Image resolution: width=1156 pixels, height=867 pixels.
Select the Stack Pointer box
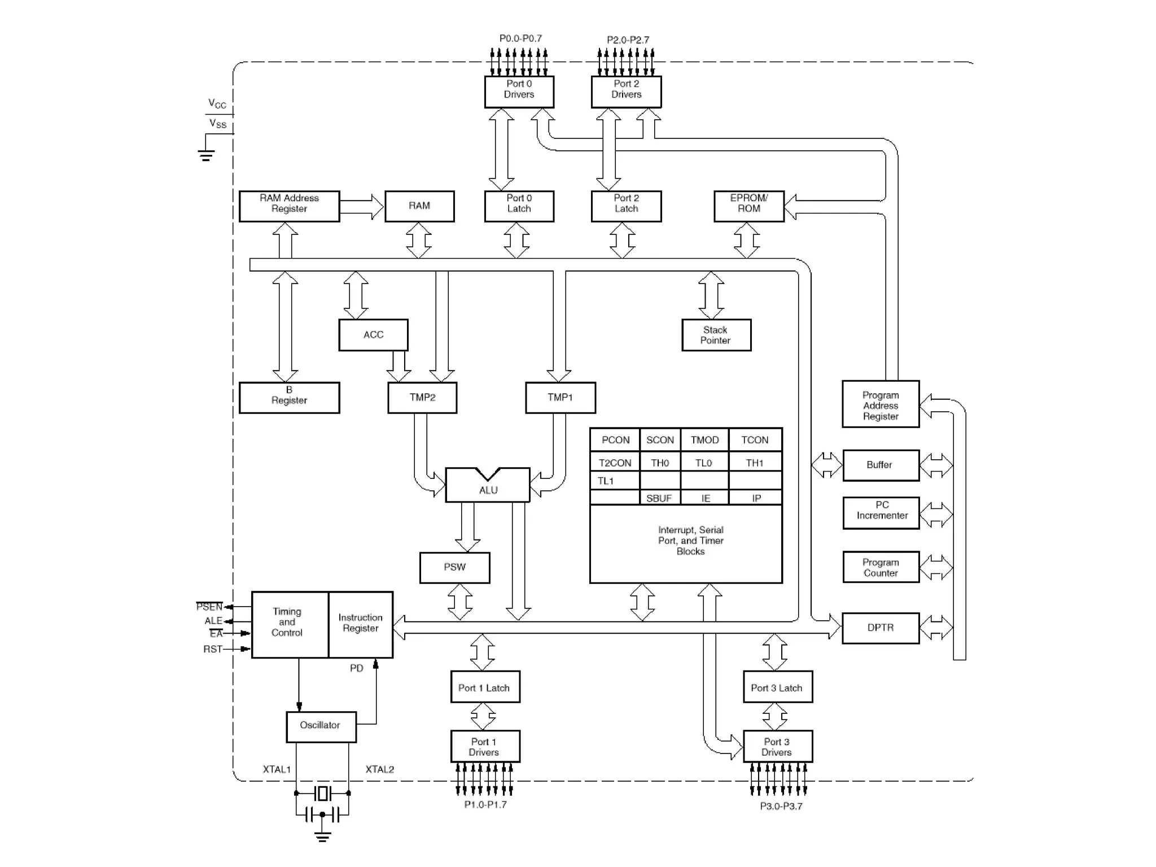pyautogui.click(x=716, y=335)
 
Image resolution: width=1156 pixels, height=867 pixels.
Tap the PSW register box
pyautogui.click(x=454, y=567)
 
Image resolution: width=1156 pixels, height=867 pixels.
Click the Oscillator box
pyautogui.click(x=321, y=726)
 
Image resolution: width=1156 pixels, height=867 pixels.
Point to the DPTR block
pyautogui.click(x=880, y=628)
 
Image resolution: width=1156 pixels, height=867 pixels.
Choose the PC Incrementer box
pyautogui.click(x=881, y=512)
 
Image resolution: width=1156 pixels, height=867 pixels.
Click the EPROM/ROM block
pyautogui.click(x=748, y=206)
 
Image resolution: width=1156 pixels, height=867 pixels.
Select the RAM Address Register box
pyautogui.click(x=289, y=206)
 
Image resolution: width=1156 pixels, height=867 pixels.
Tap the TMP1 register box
pyautogui.click(x=560, y=398)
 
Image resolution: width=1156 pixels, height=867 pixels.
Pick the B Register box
pyautogui.click(x=289, y=397)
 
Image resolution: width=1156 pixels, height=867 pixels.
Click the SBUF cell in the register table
pyautogui.click(x=659, y=498)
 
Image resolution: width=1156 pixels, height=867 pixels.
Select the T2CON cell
pyautogui.click(x=615, y=463)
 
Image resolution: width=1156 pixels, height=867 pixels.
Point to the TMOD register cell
pyautogui.click(x=704, y=439)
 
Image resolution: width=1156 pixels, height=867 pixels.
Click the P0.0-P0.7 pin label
pyautogui.click(x=520, y=38)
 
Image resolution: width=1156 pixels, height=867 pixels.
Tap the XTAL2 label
pyautogui.click(x=379, y=769)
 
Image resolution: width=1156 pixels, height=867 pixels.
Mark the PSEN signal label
pyautogui.click(x=209, y=607)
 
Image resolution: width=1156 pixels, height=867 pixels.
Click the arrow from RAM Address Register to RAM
pyautogui.click(x=362, y=207)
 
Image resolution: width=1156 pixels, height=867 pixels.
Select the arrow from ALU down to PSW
pyautogui.click(x=467, y=526)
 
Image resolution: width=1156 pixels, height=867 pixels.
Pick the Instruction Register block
pyautogui.click(x=360, y=624)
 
